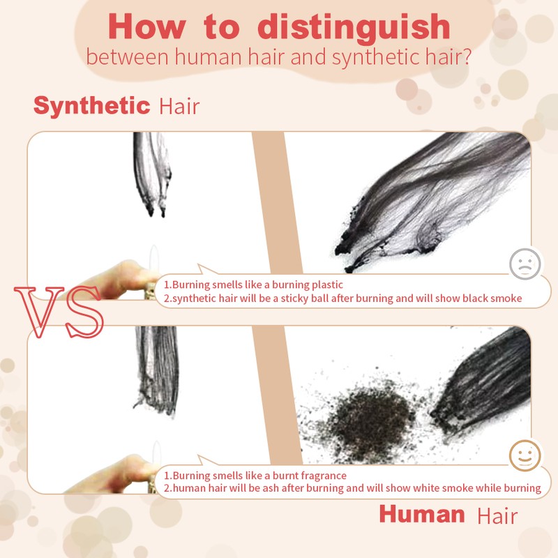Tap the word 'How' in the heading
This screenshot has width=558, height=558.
tap(147, 27)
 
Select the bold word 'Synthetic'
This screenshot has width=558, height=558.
tap(91, 106)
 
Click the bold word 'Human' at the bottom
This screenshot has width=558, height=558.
tap(422, 514)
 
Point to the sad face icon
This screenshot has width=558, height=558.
tap(525, 264)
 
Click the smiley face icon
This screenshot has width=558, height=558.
tap(525, 455)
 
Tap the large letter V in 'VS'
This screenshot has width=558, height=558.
tap(39, 311)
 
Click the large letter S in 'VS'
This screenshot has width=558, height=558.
tap(84, 312)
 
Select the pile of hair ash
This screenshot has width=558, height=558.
tap(367, 420)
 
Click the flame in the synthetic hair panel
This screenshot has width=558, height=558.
tap(153, 259)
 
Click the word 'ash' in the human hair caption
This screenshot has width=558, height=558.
tap(269, 488)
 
